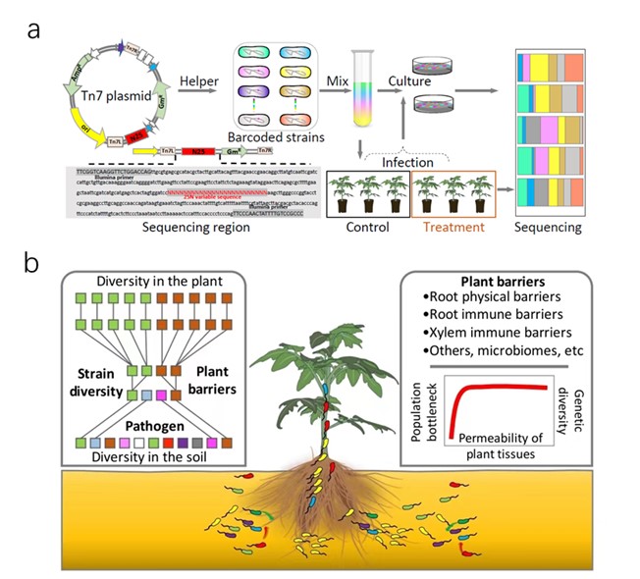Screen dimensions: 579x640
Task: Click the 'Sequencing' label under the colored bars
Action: pos(551,227)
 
